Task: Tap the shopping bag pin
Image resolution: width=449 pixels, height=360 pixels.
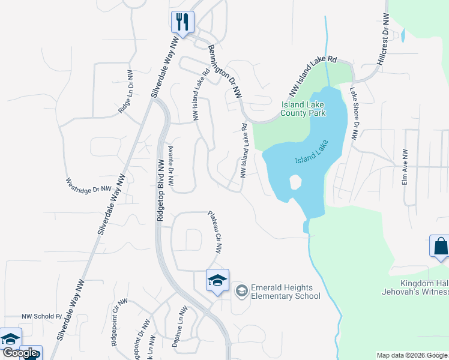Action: coord(440,247)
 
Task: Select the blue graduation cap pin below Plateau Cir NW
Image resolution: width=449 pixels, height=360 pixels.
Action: coord(217,280)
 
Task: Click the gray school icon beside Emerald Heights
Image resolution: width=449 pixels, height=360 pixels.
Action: coord(241,291)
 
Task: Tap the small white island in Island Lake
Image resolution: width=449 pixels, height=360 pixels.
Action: coord(295,182)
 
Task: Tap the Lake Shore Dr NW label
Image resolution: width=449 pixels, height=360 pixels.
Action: coord(355,114)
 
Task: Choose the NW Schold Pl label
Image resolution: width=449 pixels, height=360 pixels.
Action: coord(42,316)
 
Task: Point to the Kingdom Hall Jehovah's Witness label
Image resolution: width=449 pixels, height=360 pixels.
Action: coord(423,287)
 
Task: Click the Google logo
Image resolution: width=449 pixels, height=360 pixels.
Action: coord(19,353)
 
